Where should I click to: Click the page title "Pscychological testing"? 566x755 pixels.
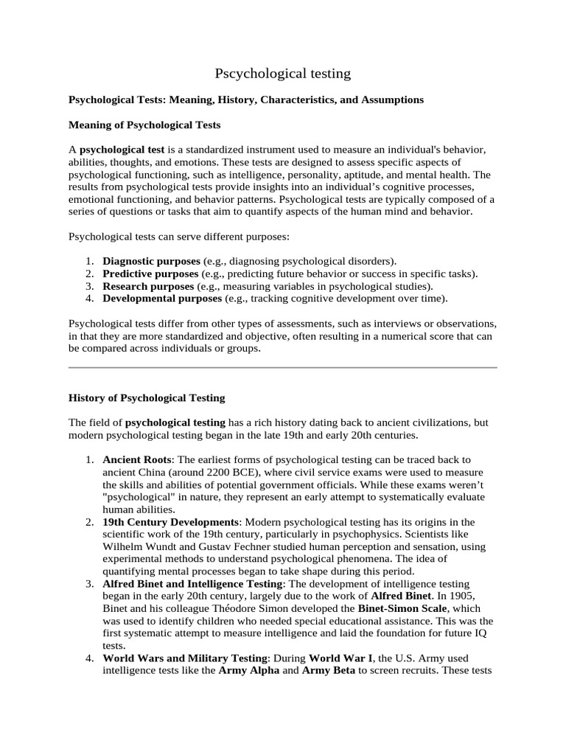(x=283, y=73)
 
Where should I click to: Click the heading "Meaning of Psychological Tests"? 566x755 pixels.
(x=144, y=125)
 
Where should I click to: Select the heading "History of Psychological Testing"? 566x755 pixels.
(x=147, y=397)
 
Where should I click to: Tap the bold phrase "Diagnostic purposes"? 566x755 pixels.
(x=151, y=261)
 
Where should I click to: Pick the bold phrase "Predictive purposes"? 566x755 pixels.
(x=150, y=274)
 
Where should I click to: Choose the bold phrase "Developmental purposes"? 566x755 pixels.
(x=162, y=299)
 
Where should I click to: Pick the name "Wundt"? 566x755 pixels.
(x=163, y=546)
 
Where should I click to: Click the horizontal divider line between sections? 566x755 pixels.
(x=283, y=366)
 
